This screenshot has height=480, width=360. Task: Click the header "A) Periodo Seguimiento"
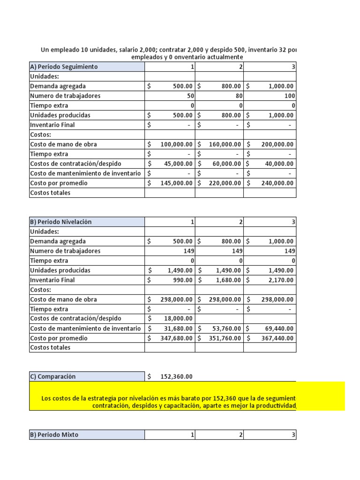[64, 67]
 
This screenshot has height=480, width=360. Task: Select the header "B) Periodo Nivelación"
[61, 222]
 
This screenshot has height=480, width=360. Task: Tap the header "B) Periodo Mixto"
[54, 435]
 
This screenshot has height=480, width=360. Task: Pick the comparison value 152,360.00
[176, 376]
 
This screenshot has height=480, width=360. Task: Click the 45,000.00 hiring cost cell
[176, 164]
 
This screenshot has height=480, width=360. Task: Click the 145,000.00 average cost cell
[176, 183]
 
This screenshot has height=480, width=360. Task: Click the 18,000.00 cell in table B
[176, 319]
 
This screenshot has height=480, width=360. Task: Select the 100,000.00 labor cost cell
[176, 144]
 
